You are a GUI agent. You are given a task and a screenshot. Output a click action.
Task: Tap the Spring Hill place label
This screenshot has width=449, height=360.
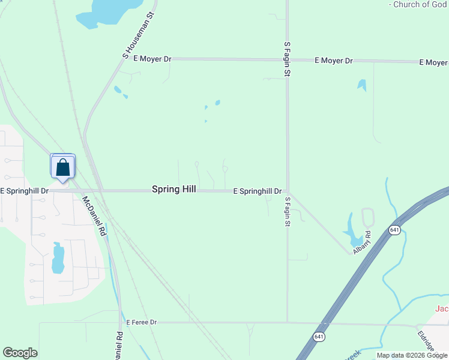coord(173,189)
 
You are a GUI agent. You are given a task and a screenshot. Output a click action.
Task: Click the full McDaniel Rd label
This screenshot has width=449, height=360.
coord(94,215)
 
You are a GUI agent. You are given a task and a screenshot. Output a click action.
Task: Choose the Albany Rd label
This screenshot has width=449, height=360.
coord(363,241)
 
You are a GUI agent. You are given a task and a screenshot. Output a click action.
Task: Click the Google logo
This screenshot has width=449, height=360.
coord(20,353)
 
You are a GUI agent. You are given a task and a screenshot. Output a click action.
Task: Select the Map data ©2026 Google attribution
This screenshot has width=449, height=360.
coord(412,355)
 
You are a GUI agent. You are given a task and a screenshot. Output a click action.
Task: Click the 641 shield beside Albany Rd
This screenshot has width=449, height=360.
coord(394,230)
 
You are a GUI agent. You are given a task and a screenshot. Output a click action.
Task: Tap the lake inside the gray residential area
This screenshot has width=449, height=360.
coord(58,258)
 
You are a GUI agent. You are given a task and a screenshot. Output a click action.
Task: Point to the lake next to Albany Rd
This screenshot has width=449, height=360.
coord(351,225)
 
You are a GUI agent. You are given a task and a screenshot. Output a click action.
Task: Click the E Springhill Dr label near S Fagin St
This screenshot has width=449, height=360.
coord(258,191)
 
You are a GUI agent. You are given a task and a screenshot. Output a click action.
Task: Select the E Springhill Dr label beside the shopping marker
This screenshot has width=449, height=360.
coord(25,191)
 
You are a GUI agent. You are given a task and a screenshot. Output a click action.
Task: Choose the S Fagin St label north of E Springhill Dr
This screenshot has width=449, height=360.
coord(287,59)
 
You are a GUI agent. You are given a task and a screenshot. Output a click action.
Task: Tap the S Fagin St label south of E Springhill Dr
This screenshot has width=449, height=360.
coord(288,211)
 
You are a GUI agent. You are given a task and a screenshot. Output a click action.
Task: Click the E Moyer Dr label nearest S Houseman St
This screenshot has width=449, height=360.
coord(152,59)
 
